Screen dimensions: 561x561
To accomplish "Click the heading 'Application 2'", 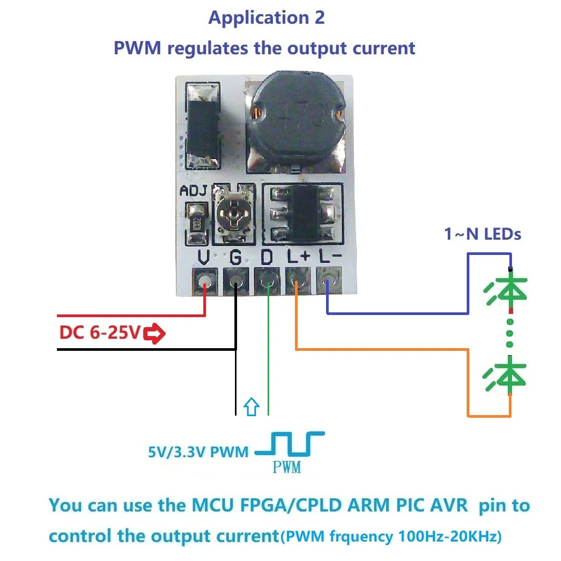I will (x=267, y=17).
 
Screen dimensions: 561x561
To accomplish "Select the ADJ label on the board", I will (x=194, y=191).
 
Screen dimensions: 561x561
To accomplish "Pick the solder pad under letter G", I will (x=235, y=280).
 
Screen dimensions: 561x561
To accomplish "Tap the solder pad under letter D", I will (x=267, y=280).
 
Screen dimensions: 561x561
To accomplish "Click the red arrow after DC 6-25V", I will (x=155, y=333).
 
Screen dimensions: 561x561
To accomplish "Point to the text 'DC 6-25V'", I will (x=101, y=333).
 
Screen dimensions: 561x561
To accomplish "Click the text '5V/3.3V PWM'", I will (x=198, y=452).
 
